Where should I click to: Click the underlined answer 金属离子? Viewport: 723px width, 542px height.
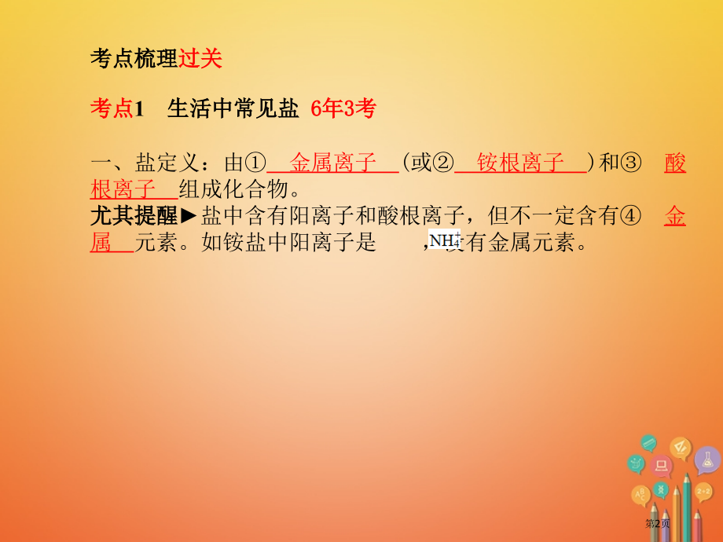click(333, 163)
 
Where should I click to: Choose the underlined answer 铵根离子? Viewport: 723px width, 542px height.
click(520, 163)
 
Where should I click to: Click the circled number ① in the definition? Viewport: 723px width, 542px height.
click(257, 163)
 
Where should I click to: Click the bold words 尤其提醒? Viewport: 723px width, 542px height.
click(134, 216)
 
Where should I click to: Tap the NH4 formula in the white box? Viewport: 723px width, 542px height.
click(445, 240)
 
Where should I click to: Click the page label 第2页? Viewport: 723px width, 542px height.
click(658, 523)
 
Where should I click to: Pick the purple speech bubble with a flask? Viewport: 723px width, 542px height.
click(706, 459)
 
